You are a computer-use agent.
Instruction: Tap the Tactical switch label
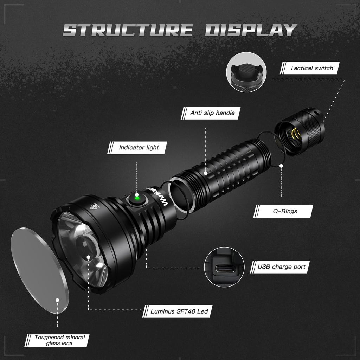click(x=311, y=68)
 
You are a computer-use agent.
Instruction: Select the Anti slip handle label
click(x=212, y=113)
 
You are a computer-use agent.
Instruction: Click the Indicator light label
click(x=139, y=148)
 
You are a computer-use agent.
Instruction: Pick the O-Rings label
click(x=285, y=211)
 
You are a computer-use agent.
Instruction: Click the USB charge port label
click(x=281, y=267)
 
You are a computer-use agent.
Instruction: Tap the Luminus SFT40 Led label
click(x=179, y=311)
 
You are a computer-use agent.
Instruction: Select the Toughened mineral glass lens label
click(x=59, y=340)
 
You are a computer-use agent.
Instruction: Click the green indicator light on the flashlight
click(x=137, y=199)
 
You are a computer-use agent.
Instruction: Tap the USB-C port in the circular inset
click(x=225, y=269)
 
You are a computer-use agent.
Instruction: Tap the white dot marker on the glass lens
click(x=57, y=301)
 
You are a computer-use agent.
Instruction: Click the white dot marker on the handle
click(x=206, y=173)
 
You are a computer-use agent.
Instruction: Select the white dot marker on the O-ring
click(x=281, y=166)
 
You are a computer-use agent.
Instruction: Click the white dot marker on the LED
click(x=89, y=257)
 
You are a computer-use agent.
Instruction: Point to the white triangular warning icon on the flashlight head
click(x=94, y=206)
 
